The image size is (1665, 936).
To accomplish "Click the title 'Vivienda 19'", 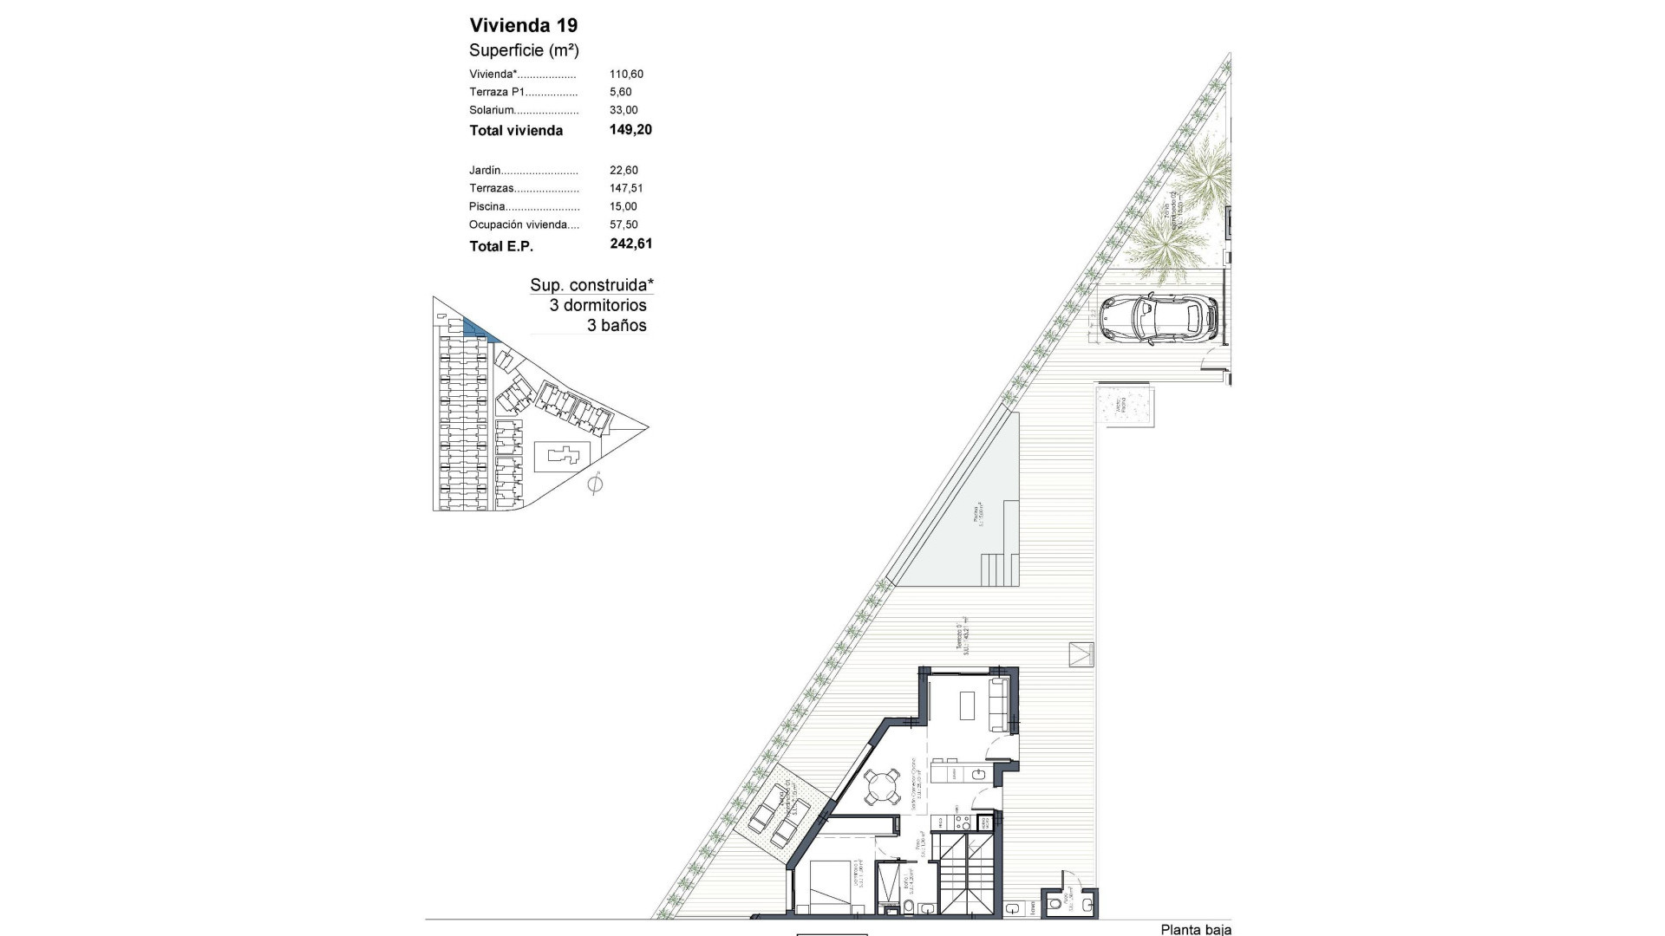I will [x=523, y=25].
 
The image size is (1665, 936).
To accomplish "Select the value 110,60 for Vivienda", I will [x=626, y=75].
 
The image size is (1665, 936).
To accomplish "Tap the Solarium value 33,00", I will [x=624, y=110].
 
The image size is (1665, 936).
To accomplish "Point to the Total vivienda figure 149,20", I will [x=630, y=130].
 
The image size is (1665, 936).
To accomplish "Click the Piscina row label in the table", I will [x=487, y=206].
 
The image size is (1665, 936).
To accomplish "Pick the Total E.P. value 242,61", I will [x=630, y=244].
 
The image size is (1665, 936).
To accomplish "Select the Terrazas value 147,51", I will [x=626, y=188].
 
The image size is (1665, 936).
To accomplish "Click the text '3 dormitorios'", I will [x=597, y=305].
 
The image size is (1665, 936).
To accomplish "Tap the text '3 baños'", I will [x=617, y=326].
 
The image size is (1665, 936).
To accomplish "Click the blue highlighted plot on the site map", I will [x=476, y=330].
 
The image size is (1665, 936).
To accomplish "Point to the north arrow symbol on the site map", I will [x=595, y=484].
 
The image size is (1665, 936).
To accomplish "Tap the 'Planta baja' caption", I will [x=1195, y=929].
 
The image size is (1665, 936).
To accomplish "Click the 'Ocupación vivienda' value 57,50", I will [x=624, y=224].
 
